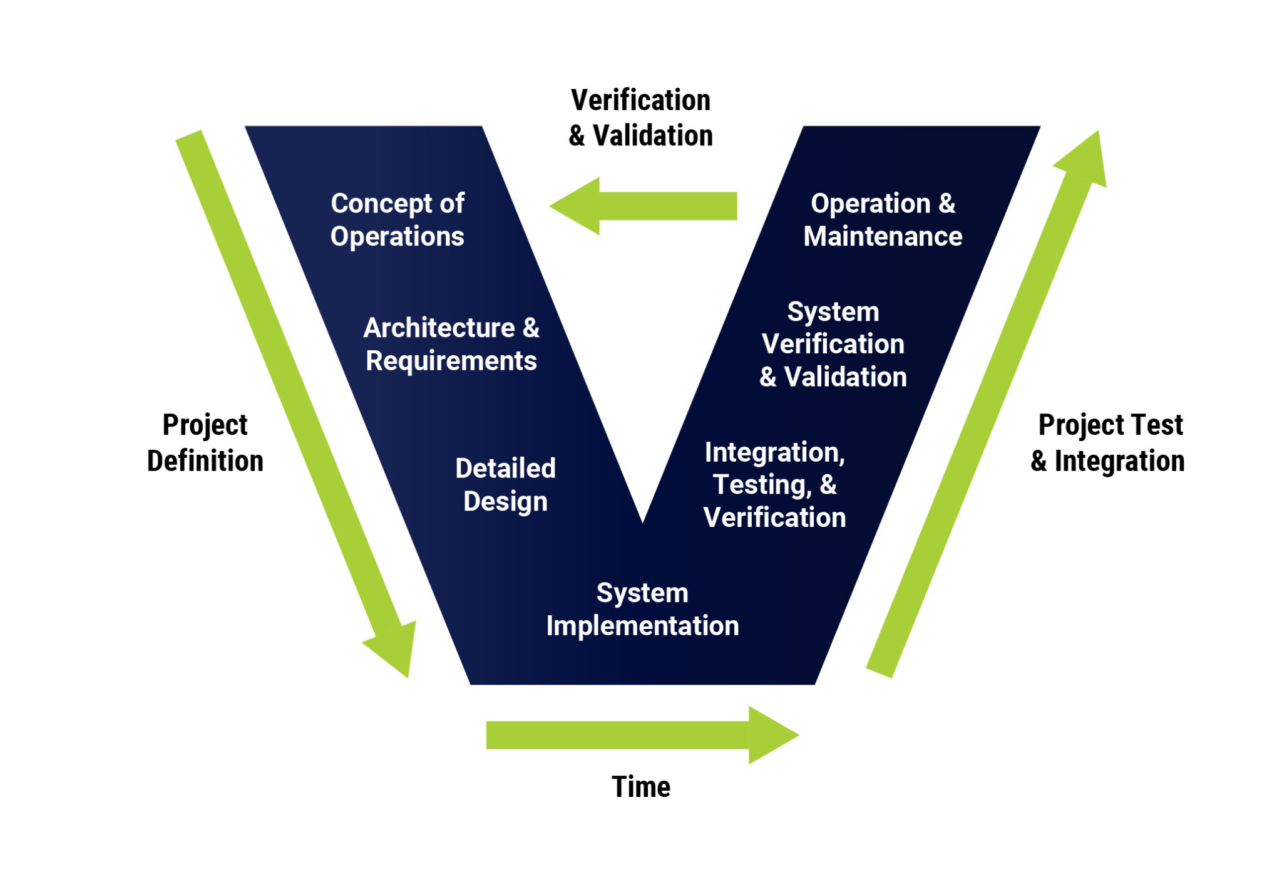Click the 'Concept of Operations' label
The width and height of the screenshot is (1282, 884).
[x=397, y=220]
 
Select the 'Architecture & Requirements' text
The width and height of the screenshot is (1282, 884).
[x=451, y=344]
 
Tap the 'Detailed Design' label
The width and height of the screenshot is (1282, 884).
[x=505, y=484]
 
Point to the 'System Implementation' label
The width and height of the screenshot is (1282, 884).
[x=642, y=609]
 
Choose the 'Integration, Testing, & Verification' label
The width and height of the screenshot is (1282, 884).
[x=774, y=484]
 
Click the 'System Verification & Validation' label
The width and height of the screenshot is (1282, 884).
[x=833, y=344]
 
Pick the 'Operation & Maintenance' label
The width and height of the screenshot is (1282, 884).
[x=883, y=220]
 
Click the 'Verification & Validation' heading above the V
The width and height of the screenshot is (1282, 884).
[x=640, y=118]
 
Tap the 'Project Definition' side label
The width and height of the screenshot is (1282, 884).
[x=205, y=442]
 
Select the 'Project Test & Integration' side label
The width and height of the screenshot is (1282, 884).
[x=1107, y=442]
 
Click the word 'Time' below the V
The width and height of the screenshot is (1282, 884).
[x=640, y=786]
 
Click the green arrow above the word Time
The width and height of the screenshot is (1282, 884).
[x=642, y=735]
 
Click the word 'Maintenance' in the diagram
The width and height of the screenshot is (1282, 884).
[x=883, y=237]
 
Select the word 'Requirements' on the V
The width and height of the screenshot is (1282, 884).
[x=451, y=361]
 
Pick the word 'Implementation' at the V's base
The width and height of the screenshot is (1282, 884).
[x=642, y=626]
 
